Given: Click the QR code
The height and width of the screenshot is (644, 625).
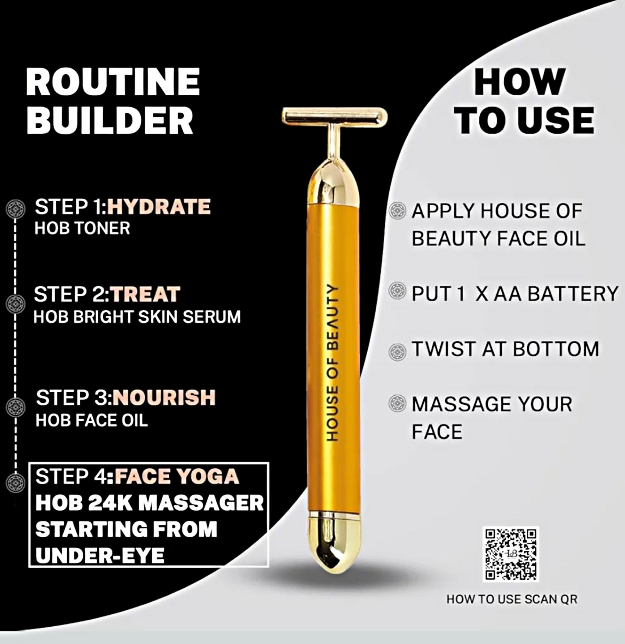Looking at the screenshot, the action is (510, 554).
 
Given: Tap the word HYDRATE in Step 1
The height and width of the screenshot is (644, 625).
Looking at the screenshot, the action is (159, 207).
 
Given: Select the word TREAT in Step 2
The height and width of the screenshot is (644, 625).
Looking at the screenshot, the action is (145, 294).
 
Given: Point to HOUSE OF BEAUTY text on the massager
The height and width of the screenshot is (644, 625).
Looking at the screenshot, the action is (332, 363).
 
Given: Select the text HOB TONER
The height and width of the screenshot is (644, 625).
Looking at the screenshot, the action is (82, 228).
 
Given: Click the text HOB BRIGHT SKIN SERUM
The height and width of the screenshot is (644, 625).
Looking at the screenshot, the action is (137, 317).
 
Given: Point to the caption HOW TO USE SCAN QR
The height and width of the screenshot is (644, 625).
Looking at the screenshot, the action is (512, 599).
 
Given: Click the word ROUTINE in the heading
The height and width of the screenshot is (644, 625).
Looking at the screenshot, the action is (113, 82).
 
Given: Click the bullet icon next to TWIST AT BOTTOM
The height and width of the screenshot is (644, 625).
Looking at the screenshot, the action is (397, 351).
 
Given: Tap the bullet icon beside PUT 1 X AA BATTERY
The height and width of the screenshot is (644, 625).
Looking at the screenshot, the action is (397, 291).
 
